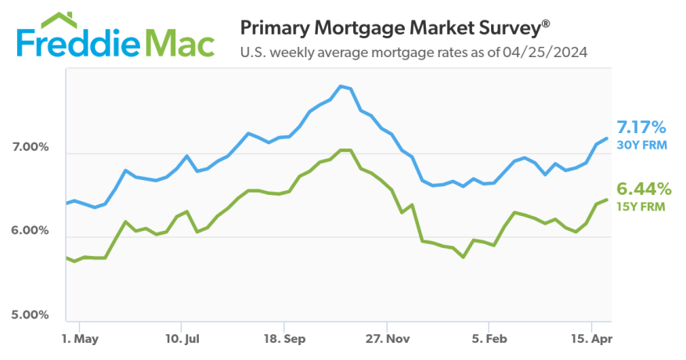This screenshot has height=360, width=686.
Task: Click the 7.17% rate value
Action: (641, 127)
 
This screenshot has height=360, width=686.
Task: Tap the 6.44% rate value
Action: (643, 189)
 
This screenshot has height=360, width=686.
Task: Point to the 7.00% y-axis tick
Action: (31, 147)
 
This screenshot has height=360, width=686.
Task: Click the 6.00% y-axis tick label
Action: (31, 231)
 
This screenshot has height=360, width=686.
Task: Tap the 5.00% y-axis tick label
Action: (31, 315)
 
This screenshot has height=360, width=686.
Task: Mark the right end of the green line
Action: (608, 200)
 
